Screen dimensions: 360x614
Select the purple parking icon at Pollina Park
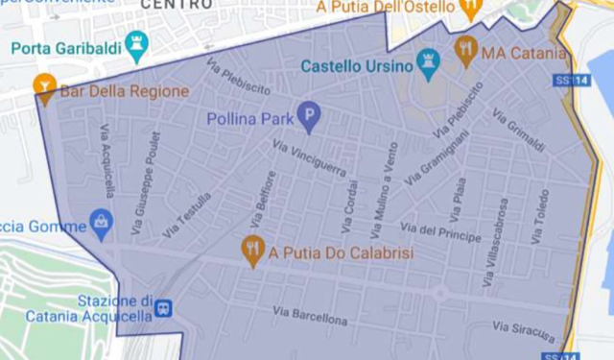pyautogui.click(x=308, y=119)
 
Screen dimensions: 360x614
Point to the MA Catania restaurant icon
pyautogui.click(x=465, y=50)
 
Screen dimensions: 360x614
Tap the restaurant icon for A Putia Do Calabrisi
pyautogui.click(x=252, y=251)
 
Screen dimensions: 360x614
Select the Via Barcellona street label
pyautogui.click(x=310, y=315)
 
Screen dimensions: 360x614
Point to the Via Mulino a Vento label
pyautogui.click(x=380, y=187)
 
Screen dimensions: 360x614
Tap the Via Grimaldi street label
pyautogui.click(x=518, y=130)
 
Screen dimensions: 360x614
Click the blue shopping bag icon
pyautogui.click(x=100, y=224)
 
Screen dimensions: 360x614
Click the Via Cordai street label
pyautogui.click(x=348, y=205)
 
